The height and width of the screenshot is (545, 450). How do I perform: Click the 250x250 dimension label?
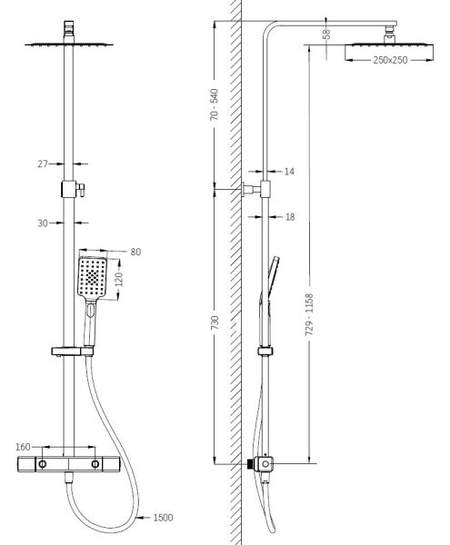[x=390, y=60]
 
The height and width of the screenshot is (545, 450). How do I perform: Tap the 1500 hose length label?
[x=163, y=518]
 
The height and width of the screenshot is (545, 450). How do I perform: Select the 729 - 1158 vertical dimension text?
[x=309, y=314]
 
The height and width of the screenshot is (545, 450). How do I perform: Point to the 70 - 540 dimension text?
[x=215, y=104]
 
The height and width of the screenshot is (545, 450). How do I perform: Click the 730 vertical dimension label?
[x=215, y=322]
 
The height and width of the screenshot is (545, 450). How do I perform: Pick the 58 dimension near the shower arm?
[x=326, y=35]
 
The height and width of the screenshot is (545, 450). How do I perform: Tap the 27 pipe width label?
[x=43, y=163]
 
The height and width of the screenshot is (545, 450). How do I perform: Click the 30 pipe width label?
[x=43, y=223]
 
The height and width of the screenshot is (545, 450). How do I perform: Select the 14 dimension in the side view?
[x=289, y=172]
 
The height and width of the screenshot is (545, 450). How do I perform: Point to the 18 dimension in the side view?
[x=290, y=217]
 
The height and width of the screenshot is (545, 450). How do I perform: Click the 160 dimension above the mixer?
[x=23, y=447]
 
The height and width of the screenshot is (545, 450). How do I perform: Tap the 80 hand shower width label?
[x=135, y=252]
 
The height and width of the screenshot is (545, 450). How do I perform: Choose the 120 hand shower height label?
[x=119, y=279]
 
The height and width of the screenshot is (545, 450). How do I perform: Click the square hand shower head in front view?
[x=92, y=278]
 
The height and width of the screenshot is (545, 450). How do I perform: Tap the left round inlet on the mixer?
[x=43, y=463]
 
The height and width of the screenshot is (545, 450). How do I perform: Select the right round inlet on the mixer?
[x=95, y=463]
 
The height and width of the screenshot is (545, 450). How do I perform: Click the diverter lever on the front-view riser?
[x=81, y=190]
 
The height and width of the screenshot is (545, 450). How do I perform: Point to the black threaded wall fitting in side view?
[x=250, y=463]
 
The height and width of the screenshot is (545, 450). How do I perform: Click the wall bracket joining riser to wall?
[x=252, y=190]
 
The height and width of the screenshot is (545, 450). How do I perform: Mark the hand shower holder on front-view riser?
[x=73, y=352]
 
